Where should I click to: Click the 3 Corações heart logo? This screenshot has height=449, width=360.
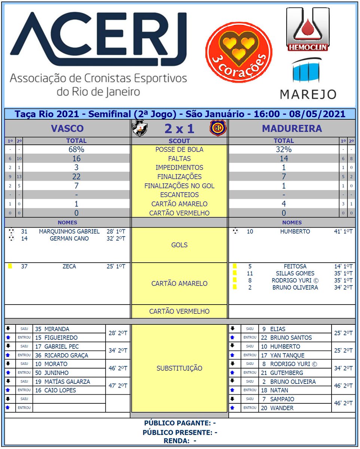pyautogui.click(x=239, y=52)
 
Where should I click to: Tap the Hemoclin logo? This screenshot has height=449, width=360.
pyautogui.click(x=307, y=29)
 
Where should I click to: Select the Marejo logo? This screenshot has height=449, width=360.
pyautogui.click(x=308, y=79)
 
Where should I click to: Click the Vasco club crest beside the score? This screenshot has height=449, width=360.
pyautogui.click(x=140, y=129)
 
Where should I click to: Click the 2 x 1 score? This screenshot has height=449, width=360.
pyautogui.click(x=179, y=129)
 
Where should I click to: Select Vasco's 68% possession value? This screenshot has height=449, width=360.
pyautogui.click(x=76, y=149)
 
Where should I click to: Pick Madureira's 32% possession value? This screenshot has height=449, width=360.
pyautogui.click(x=284, y=149)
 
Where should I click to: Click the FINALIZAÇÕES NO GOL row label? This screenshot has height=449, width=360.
pyautogui.click(x=179, y=186)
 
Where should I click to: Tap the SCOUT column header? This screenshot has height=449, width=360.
pyautogui.click(x=179, y=141)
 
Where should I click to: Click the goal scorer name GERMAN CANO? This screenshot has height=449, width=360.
pyautogui.click(x=69, y=239)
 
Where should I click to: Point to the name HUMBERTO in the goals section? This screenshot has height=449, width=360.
pyautogui.click(x=295, y=232)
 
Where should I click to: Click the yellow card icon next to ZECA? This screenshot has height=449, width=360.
pyautogui.click(x=10, y=266)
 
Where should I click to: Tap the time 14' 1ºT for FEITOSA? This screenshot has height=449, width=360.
pyautogui.click(x=343, y=266)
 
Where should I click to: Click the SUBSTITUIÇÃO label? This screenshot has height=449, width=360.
pyautogui.click(x=179, y=369)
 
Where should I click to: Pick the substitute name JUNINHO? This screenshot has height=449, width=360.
pyautogui.click(x=57, y=373)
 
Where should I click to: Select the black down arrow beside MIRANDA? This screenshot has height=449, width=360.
pyautogui.click(x=8, y=329)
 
